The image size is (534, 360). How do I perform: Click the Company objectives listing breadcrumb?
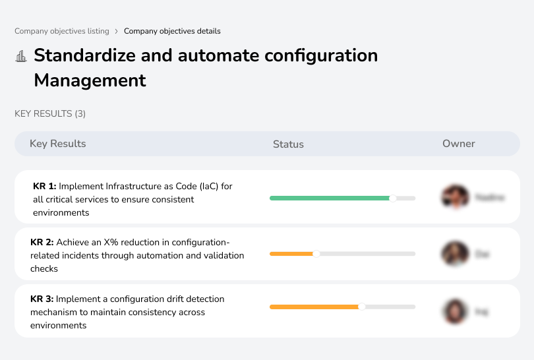[x=62, y=31]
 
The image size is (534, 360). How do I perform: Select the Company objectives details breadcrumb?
[x=172, y=31]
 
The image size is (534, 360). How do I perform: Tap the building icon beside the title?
[x=21, y=56]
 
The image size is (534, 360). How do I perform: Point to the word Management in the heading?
[x=90, y=80]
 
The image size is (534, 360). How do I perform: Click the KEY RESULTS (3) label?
[x=50, y=114]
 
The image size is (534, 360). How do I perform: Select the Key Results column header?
[x=57, y=144]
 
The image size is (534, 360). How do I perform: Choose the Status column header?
[x=288, y=144]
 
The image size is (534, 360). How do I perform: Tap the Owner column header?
[x=458, y=144]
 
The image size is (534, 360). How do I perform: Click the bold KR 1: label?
[x=45, y=187]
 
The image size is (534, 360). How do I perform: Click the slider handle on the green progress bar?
[x=393, y=197]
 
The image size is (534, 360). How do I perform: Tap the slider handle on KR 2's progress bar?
[x=316, y=253]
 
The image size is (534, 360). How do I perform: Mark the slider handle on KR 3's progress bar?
[x=362, y=307]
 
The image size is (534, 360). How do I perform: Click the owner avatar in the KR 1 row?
[x=455, y=196]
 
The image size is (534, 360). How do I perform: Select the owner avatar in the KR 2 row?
[x=455, y=253]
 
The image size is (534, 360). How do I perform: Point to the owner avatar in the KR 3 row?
[x=455, y=311]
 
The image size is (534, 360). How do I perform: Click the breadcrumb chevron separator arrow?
[x=117, y=31]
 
